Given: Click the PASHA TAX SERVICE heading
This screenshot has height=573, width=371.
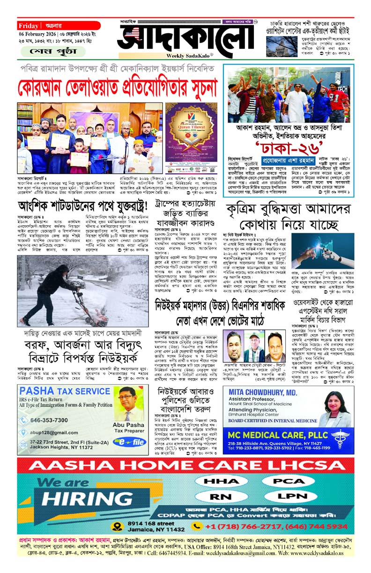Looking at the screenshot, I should pos(64,390).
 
